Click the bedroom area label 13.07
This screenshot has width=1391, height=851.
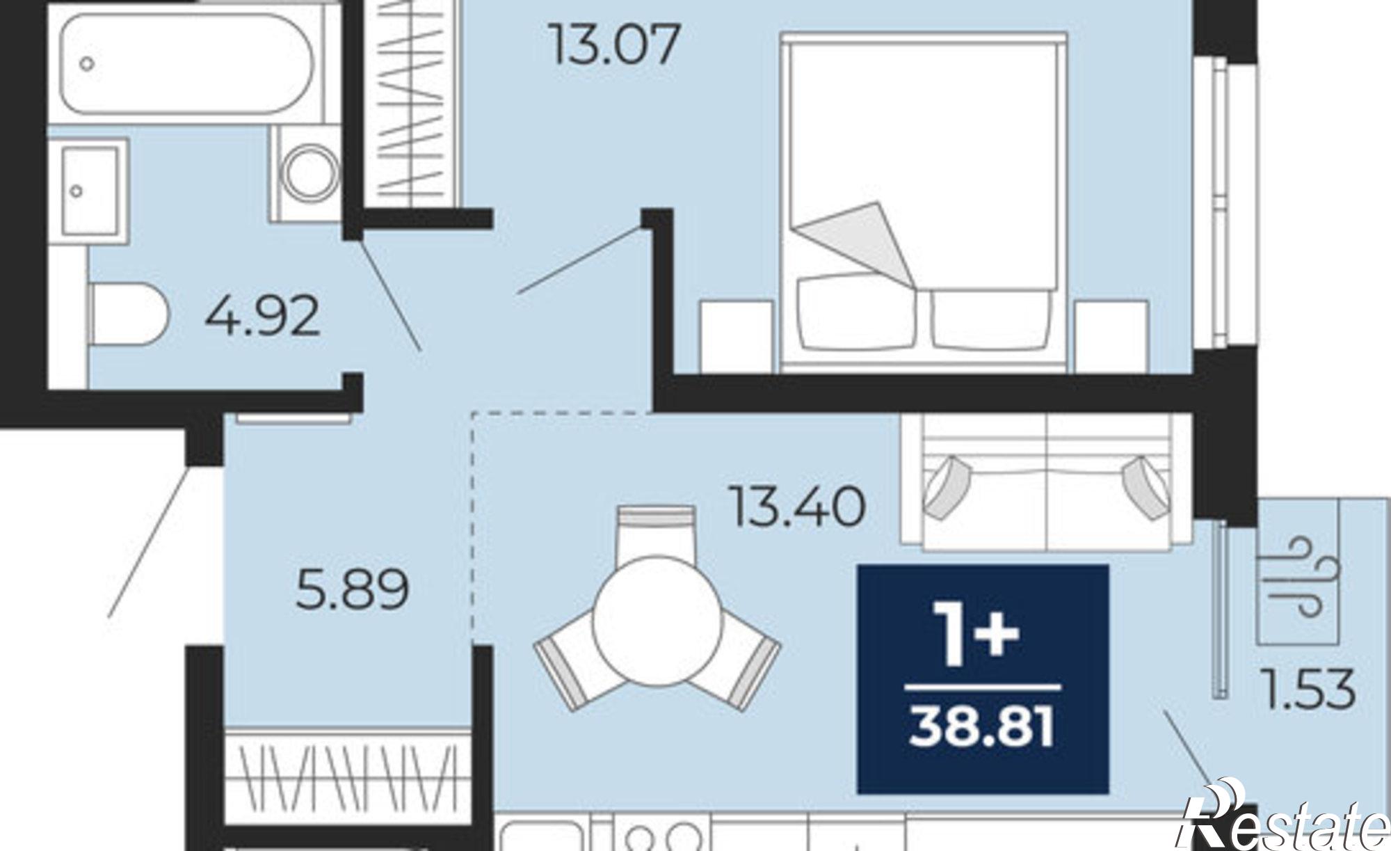tap(613, 45)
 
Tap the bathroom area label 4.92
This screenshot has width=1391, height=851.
tap(263, 316)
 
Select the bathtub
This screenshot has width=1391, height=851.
tap(186, 64)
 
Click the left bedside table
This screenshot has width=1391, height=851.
tap(737, 335)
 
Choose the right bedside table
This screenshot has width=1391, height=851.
tap(1111, 335)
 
